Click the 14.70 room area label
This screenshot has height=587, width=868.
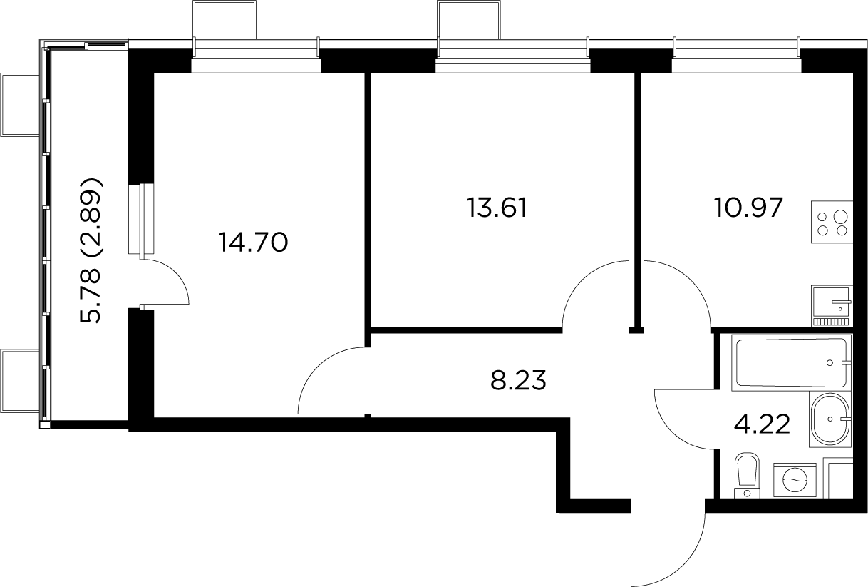pos(254,243)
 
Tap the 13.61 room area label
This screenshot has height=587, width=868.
pos(497,208)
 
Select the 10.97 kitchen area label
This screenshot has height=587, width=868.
pos(748,208)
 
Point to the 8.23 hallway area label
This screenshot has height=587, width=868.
pos(518,381)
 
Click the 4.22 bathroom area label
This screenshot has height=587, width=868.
pos(762,424)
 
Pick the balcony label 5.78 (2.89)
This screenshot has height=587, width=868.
pos(93,250)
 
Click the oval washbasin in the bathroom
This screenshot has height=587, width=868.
pos(830,419)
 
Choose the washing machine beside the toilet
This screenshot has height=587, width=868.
pos(795,480)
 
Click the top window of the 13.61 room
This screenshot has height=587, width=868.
pos(513,57)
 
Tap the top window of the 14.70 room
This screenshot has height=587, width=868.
pos(257,57)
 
